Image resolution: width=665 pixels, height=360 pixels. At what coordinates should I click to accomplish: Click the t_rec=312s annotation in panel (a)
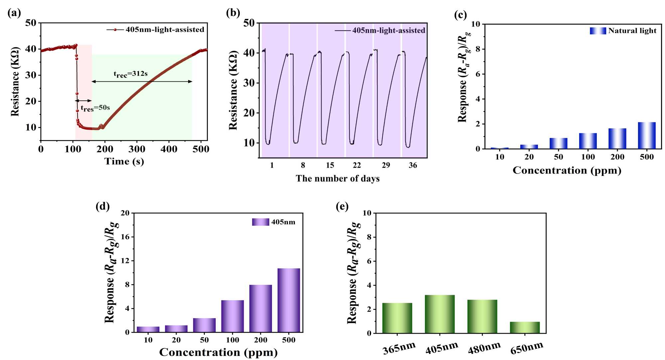(x=131, y=74)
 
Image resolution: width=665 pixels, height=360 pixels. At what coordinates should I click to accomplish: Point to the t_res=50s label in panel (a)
(x=95, y=108)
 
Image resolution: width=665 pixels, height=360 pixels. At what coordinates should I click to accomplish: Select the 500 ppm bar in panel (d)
(x=289, y=300)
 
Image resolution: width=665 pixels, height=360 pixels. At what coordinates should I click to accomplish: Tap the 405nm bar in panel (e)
(x=440, y=314)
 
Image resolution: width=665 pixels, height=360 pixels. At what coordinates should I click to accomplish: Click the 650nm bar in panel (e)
(x=525, y=327)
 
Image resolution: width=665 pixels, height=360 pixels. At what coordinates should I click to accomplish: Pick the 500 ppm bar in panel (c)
(x=647, y=135)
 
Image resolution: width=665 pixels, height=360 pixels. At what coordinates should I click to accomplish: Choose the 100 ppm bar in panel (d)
(x=232, y=316)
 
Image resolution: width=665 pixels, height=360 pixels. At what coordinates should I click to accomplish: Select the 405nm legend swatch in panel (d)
(x=260, y=222)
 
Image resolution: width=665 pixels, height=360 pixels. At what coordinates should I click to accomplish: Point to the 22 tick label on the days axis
(x=357, y=165)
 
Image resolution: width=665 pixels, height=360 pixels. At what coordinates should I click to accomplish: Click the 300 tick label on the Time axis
(x=137, y=149)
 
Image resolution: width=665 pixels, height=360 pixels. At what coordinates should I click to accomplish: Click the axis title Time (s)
(x=124, y=162)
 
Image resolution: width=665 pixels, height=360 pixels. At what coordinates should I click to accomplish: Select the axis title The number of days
(x=337, y=179)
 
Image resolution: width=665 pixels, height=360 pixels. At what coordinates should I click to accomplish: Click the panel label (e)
(x=342, y=206)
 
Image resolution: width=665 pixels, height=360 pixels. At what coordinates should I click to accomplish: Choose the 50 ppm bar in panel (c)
(x=558, y=143)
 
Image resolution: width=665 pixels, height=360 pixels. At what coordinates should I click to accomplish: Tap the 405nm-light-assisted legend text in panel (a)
(x=165, y=30)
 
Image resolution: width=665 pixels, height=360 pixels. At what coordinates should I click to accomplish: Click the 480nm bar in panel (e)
(x=482, y=316)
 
